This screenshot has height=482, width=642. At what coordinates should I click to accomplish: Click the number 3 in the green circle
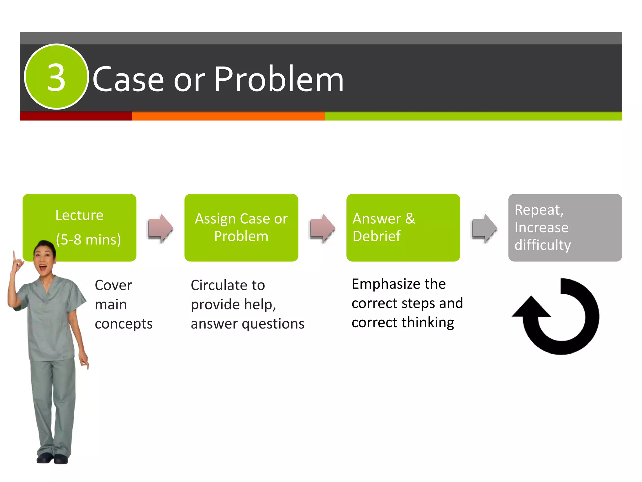click(56, 78)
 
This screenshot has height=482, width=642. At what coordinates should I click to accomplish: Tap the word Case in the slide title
click(128, 80)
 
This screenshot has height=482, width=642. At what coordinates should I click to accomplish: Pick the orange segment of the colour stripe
click(228, 116)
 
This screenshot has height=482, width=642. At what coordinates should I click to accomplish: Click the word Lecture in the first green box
click(79, 215)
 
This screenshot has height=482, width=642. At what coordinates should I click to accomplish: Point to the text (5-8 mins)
click(88, 239)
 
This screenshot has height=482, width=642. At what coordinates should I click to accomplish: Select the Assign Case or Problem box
click(241, 228)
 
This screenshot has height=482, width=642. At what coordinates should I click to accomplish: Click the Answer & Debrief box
click(403, 228)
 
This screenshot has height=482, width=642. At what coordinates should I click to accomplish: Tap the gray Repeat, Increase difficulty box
click(565, 228)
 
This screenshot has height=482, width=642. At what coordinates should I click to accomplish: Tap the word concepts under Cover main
click(124, 324)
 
